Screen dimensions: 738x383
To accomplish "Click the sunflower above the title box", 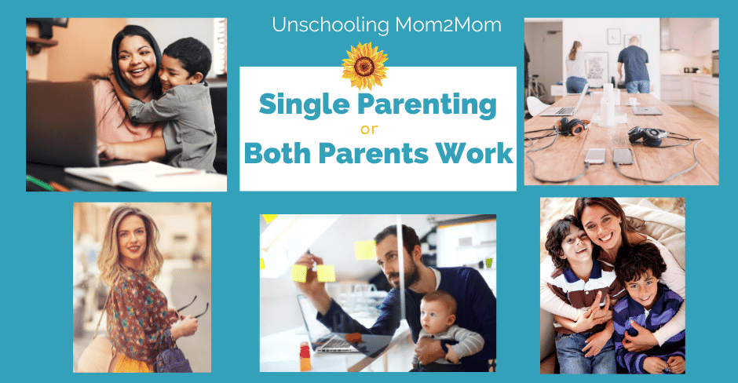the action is (365, 66).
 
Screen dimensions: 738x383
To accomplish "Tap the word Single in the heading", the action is (305, 105).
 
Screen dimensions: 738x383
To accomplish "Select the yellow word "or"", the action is (369, 129).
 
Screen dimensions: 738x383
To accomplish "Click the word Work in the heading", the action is (474, 153).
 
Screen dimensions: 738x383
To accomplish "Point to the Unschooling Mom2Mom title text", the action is (386, 25).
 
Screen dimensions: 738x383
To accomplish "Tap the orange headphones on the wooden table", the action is (572, 126).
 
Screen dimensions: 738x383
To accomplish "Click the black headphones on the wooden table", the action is (647, 136).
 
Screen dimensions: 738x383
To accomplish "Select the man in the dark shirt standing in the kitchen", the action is (634, 65).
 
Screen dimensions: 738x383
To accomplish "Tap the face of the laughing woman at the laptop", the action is (137, 63).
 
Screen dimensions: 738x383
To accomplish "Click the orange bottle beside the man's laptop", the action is (305, 358).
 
